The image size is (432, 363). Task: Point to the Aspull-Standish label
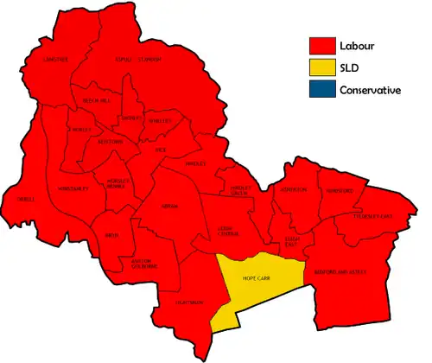[138, 58]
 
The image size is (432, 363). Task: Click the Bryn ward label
[111, 233]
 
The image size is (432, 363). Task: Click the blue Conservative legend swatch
[321, 90]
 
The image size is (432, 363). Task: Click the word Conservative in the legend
[370, 90]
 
